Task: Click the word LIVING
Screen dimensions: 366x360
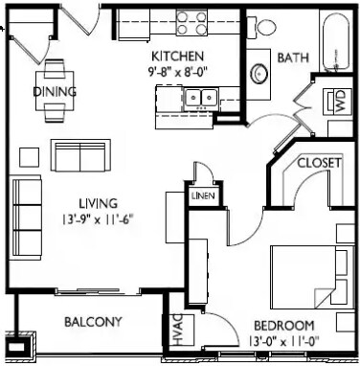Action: point(99,203)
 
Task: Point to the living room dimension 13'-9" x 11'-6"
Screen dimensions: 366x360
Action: point(99,217)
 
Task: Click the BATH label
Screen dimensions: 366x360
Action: point(291,58)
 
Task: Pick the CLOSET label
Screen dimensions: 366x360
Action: point(319,164)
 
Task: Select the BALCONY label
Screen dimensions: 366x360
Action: point(93,321)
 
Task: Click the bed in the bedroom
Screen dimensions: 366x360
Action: point(309,273)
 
